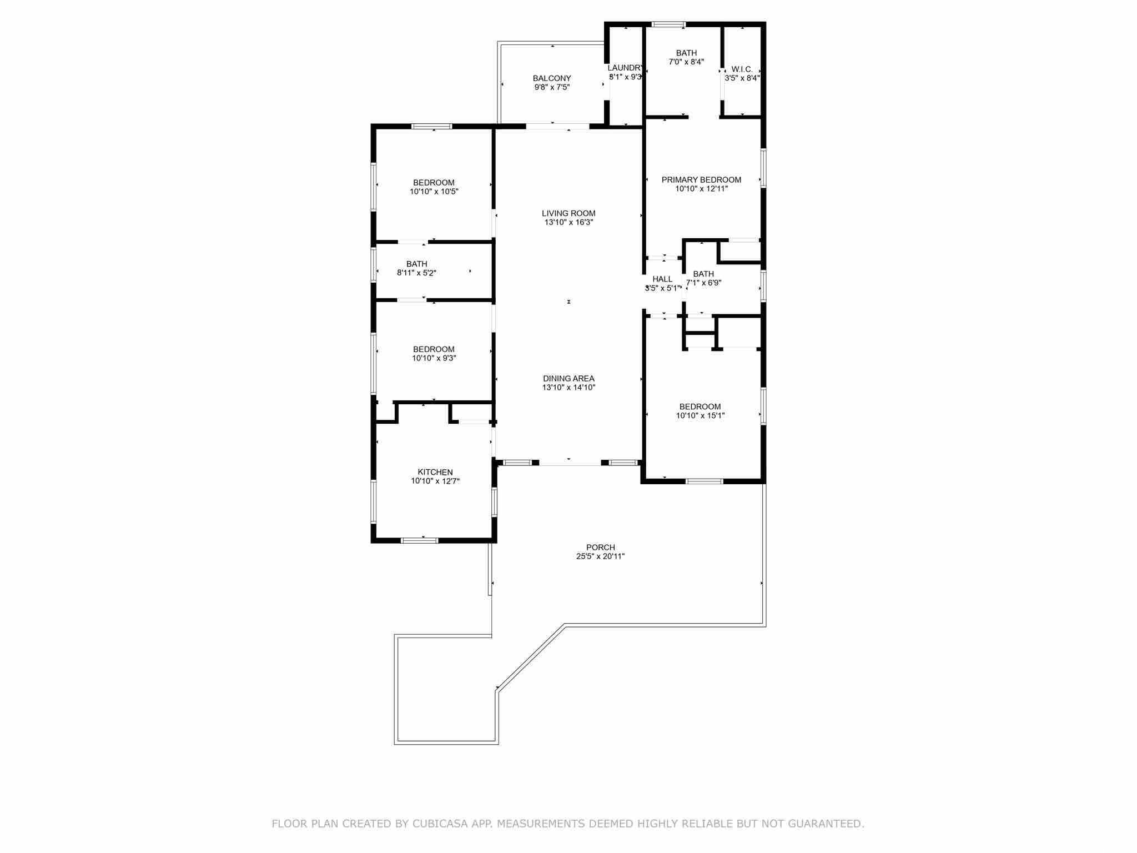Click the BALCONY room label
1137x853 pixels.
(x=552, y=78)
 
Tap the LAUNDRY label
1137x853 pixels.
(x=626, y=68)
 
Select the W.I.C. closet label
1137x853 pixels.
(x=742, y=69)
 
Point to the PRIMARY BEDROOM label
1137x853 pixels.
(x=701, y=180)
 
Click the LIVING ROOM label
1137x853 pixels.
(x=568, y=213)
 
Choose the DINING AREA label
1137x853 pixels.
(x=568, y=379)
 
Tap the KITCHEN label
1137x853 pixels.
(x=435, y=473)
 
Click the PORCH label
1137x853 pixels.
(x=601, y=548)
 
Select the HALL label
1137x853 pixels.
(x=662, y=279)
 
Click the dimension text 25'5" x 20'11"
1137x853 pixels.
(x=601, y=556)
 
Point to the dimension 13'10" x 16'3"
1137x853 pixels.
(x=568, y=222)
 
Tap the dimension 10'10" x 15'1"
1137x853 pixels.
(x=701, y=415)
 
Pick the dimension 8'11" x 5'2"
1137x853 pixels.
(x=416, y=273)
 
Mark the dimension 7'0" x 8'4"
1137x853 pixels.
(x=686, y=62)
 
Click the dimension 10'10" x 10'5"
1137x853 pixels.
(x=434, y=192)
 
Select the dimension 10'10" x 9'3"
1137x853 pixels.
(x=434, y=358)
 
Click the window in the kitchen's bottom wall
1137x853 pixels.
(x=419, y=540)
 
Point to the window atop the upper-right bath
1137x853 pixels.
(x=668, y=24)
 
